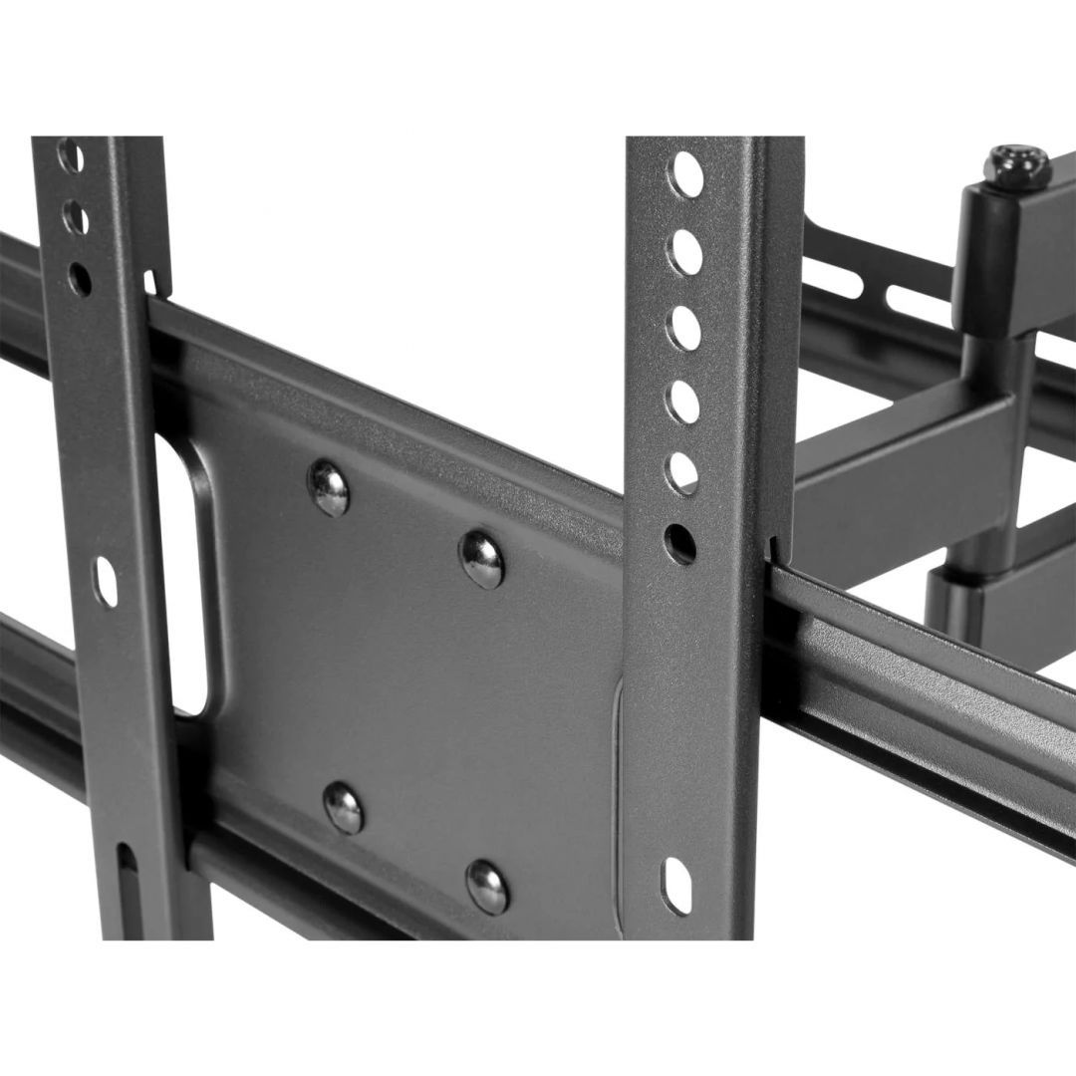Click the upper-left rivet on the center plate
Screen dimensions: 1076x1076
[x=329, y=488]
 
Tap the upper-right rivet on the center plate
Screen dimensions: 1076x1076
[x=482, y=559]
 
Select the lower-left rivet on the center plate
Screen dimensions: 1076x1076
[x=344, y=807]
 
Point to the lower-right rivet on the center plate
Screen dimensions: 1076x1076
[x=487, y=886]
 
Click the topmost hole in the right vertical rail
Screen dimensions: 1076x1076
[x=685, y=175]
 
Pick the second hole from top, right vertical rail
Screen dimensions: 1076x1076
[x=684, y=252]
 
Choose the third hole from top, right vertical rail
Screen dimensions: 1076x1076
[x=683, y=328]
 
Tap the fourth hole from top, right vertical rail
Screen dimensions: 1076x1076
[x=683, y=402]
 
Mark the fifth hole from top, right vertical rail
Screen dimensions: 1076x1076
[x=682, y=473]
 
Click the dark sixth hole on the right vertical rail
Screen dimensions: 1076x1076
[x=680, y=544]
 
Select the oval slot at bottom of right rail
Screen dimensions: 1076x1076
[x=676, y=884]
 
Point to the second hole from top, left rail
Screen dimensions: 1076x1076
[x=76, y=217]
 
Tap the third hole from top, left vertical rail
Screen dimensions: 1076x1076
[x=80, y=279]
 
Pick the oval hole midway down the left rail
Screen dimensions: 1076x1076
[x=105, y=582]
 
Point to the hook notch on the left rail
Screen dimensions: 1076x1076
[x=150, y=284]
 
